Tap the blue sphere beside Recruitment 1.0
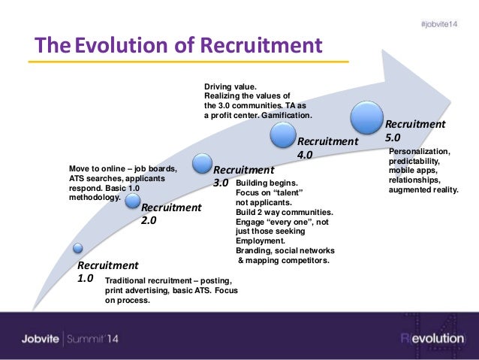77,249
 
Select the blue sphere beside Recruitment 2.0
133,200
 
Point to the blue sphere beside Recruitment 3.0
201,162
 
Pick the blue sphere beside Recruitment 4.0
283,135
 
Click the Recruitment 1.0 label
108,271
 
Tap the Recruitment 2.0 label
171,214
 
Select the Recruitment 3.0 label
243,176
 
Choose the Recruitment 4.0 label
328,148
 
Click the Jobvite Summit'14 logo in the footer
71,339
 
